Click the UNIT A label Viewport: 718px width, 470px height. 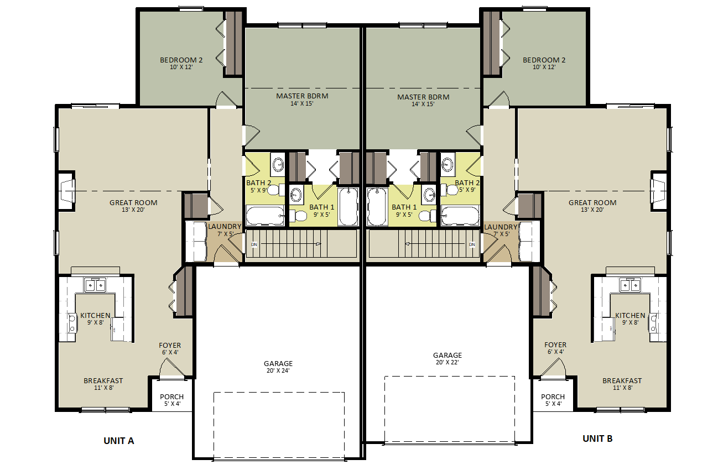(118, 441)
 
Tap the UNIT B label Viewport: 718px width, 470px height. (597, 438)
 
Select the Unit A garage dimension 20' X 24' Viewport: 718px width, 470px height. (278, 370)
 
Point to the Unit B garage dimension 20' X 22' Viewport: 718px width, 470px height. (448, 362)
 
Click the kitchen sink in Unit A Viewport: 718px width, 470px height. (95, 285)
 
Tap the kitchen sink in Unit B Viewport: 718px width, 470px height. (630, 285)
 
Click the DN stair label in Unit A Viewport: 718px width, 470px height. (254, 244)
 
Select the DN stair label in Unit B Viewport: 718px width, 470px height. (472, 244)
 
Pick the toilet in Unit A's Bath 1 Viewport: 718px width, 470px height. (298, 216)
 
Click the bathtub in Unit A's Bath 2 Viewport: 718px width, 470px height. (265, 216)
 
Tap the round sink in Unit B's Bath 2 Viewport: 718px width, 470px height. (447, 165)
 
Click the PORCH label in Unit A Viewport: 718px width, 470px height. (172, 396)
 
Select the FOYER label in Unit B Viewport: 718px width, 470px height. (555, 345)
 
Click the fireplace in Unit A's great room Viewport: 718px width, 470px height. (67, 191)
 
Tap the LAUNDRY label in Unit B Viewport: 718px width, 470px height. (501, 227)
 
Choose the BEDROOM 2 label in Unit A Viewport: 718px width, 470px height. (181, 60)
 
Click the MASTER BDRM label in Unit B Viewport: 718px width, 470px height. (423, 97)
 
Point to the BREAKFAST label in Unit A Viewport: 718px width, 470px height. (103, 380)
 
